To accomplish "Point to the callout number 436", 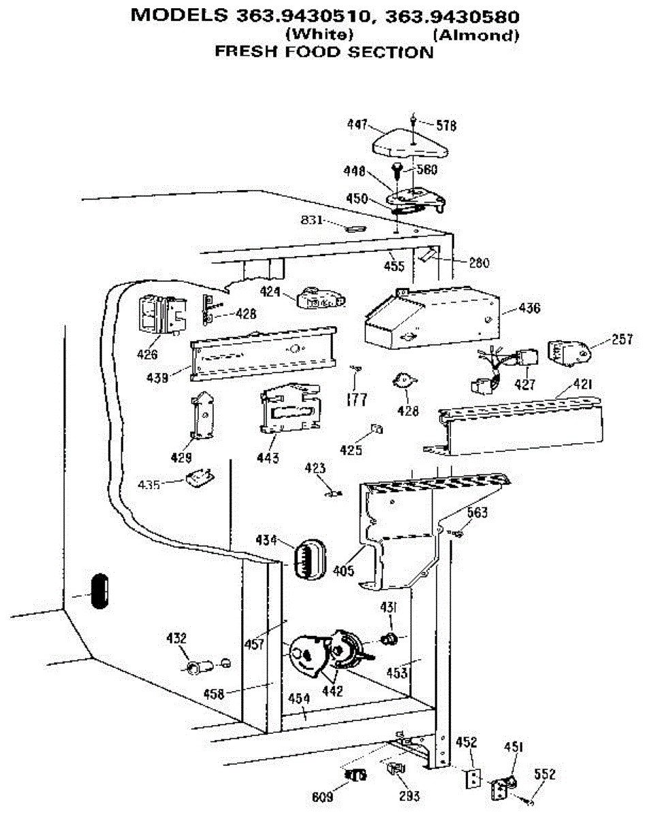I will tap(529, 308).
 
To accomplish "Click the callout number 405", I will tap(344, 571).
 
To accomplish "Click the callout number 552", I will tap(546, 774).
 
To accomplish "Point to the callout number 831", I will tap(312, 220).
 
